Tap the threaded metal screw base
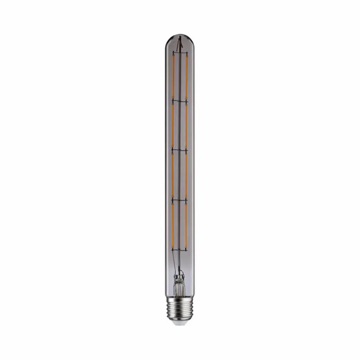(x=180, y=308)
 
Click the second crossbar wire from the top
(x=180, y=100)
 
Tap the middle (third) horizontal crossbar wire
(x=180, y=149)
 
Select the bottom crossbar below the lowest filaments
(x=180, y=249)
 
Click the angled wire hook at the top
(x=180, y=42)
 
